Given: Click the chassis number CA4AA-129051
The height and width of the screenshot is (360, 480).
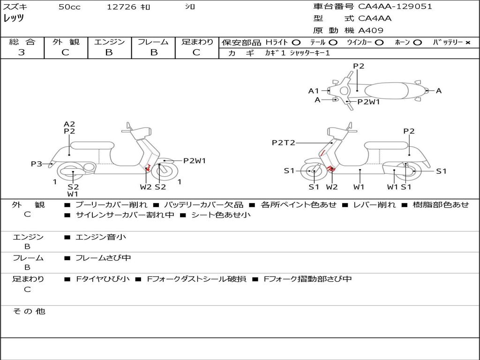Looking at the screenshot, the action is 395,7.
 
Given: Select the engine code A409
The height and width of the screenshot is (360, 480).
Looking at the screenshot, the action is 370,30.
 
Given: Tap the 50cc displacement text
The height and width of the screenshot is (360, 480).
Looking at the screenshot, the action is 69,7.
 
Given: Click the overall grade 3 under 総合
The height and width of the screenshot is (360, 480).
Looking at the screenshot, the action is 22,52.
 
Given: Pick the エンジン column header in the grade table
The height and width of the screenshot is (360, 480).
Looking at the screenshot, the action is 109,42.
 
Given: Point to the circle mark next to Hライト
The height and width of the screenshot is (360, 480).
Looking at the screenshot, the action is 296,43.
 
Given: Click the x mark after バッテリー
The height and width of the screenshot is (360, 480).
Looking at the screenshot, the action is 468,43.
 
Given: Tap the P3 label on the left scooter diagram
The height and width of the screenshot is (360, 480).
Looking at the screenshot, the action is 37,164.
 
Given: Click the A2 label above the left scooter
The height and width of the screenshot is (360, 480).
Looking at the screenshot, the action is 69,124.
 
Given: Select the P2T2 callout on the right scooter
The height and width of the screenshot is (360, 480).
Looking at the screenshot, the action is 284,142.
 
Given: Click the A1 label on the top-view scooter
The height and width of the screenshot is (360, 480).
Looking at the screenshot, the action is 314,91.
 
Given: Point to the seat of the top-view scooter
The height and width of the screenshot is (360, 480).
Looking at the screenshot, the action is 386,91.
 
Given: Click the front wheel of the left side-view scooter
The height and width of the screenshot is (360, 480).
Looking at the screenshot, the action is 165,172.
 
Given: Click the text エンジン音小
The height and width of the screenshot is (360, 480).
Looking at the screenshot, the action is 101,237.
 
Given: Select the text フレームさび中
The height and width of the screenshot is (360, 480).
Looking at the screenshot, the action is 104,258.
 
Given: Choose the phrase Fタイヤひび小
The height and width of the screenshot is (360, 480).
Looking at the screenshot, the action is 103,279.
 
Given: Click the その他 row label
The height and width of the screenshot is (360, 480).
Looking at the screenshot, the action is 29,311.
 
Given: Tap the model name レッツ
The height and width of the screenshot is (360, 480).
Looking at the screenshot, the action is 14,18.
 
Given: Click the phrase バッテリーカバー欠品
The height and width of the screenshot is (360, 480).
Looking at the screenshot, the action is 203,204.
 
